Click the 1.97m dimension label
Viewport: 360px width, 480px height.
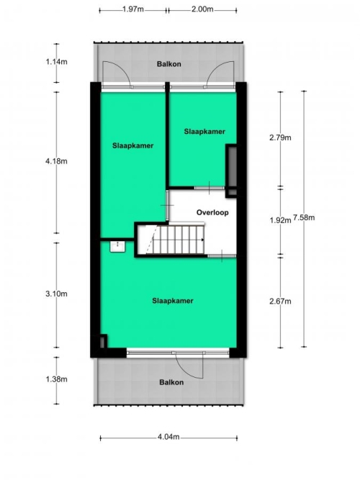(133, 9)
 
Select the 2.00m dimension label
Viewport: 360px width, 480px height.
(202, 9)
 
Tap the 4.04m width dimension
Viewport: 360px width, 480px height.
(168, 437)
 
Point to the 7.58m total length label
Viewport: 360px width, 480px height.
(304, 217)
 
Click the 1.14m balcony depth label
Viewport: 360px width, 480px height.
(56, 62)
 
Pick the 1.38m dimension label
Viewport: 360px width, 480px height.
(56, 379)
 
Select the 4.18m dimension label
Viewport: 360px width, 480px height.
(56, 161)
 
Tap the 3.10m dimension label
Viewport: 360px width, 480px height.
(56, 294)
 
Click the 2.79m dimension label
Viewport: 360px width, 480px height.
(280, 137)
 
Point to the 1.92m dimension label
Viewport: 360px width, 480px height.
(280, 220)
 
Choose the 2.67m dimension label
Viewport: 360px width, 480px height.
(280, 302)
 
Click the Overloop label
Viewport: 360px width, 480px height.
(212, 212)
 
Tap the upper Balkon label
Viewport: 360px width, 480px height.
(168, 64)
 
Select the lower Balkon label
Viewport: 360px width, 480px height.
(171, 382)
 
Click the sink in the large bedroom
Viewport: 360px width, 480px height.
(117, 246)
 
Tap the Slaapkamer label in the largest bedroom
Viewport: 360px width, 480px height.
(173, 301)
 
